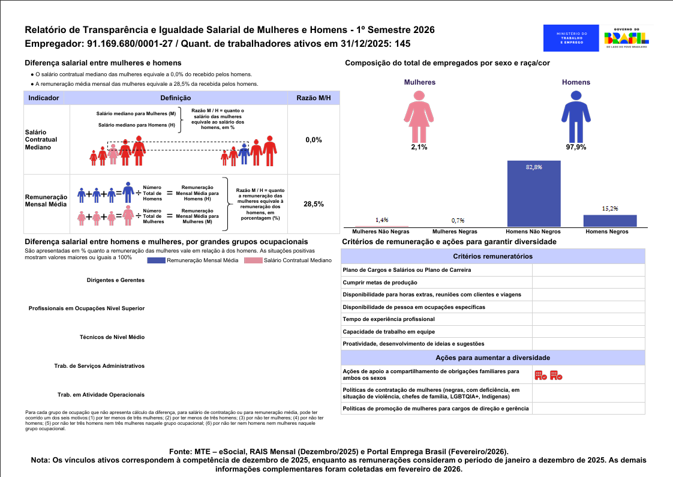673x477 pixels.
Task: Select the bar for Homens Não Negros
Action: click(x=534, y=193)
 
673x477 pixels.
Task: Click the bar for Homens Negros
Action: click(x=610, y=220)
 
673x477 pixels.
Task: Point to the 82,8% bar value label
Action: click(x=534, y=167)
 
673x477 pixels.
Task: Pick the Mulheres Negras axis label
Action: click(x=455, y=232)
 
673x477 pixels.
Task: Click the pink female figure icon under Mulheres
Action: click(x=419, y=116)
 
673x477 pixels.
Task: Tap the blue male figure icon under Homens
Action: click(x=576, y=116)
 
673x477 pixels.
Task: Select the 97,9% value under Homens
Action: click(x=576, y=147)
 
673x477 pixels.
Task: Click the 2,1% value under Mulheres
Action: click(x=419, y=147)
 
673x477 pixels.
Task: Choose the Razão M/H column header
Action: click(x=314, y=98)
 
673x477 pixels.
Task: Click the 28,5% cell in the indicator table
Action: click(x=314, y=204)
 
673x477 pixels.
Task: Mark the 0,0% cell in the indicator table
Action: click(x=314, y=140)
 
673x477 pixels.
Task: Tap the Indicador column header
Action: click(x=43, y=98)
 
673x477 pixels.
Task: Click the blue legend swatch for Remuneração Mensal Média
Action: click(x=156, y=260)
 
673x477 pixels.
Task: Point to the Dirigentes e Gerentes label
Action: click(x=116, y=280)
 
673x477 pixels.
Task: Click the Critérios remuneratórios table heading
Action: click(x=492, y=256)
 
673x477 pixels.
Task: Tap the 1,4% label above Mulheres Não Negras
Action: click(x=381, y=220)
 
